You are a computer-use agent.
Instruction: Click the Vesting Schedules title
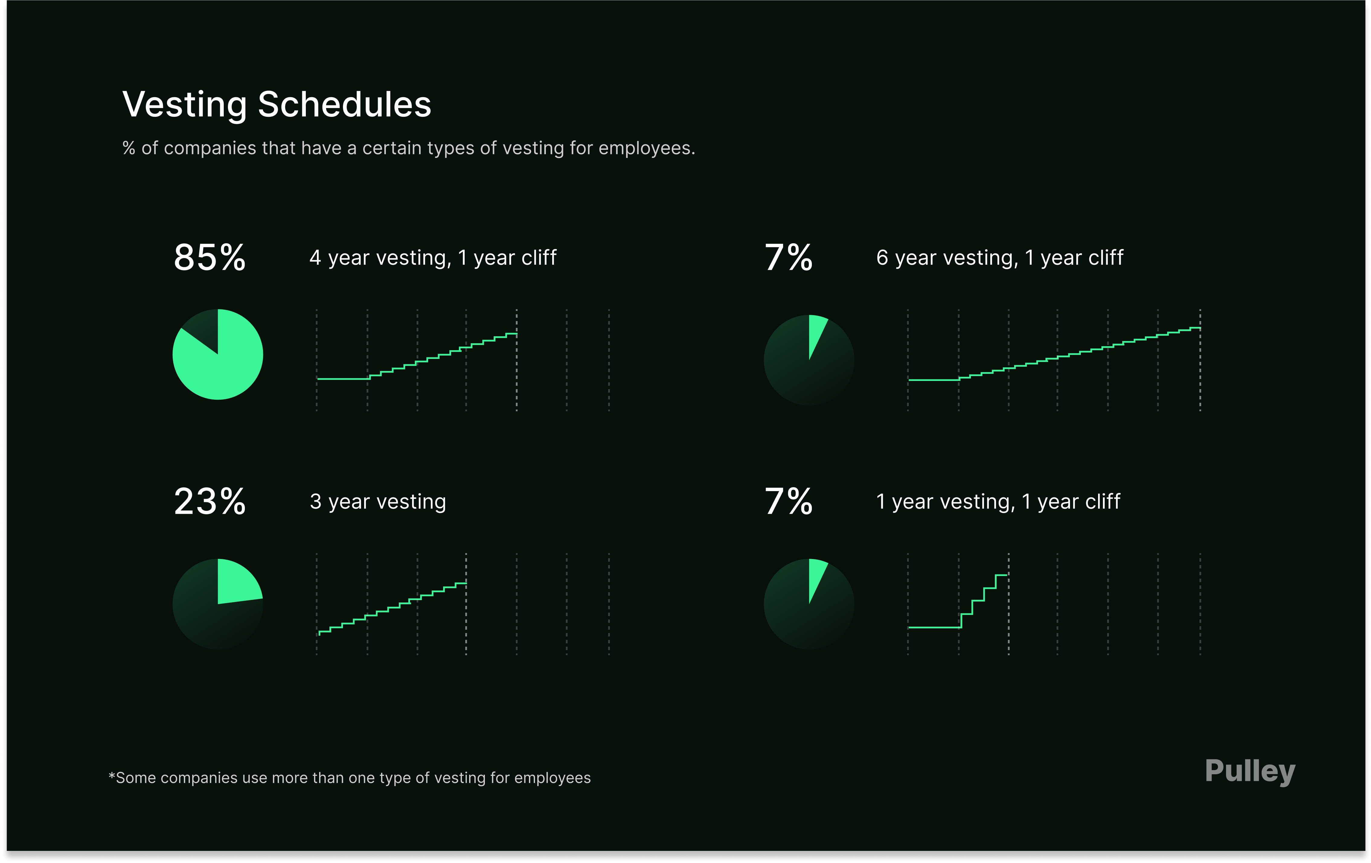point(277,105)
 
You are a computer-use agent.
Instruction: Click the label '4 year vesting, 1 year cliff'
point(433,258)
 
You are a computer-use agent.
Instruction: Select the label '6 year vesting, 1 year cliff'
point(999,258)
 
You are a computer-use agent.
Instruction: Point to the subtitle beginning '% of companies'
point(408,148)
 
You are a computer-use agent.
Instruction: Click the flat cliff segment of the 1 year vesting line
point(934,627)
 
